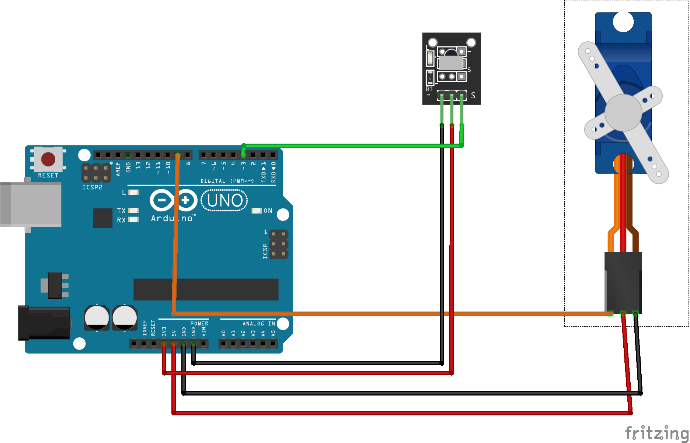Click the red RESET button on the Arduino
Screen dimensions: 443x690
pos(48,159)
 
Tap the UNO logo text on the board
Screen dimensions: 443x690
pos(224,200)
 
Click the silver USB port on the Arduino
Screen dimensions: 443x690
pos(31,204)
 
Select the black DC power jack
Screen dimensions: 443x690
pos(44,323)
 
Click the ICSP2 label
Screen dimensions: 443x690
pos(92,187)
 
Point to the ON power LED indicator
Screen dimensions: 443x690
pos(257,211)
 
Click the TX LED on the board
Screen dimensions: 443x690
pos(133,211)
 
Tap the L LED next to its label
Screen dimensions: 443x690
pos(133,192)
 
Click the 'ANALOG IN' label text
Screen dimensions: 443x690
pos(258,323)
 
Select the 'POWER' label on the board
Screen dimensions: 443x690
pos(199,323)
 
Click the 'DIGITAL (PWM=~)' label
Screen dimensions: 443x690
pos(227,181)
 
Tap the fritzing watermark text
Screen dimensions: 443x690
pos(656,433)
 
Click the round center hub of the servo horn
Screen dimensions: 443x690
pos(623,112)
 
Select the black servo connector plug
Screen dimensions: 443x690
pos(623,282)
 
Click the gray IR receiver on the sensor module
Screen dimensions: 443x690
pos(451,61)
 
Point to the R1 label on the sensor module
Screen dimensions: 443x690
pos(429,89)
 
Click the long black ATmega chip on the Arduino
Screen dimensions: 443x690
pos(206,289)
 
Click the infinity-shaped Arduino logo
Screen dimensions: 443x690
pos(174,200)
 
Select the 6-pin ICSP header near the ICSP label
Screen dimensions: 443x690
pos(278,244)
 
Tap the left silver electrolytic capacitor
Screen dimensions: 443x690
pos(97,317)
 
